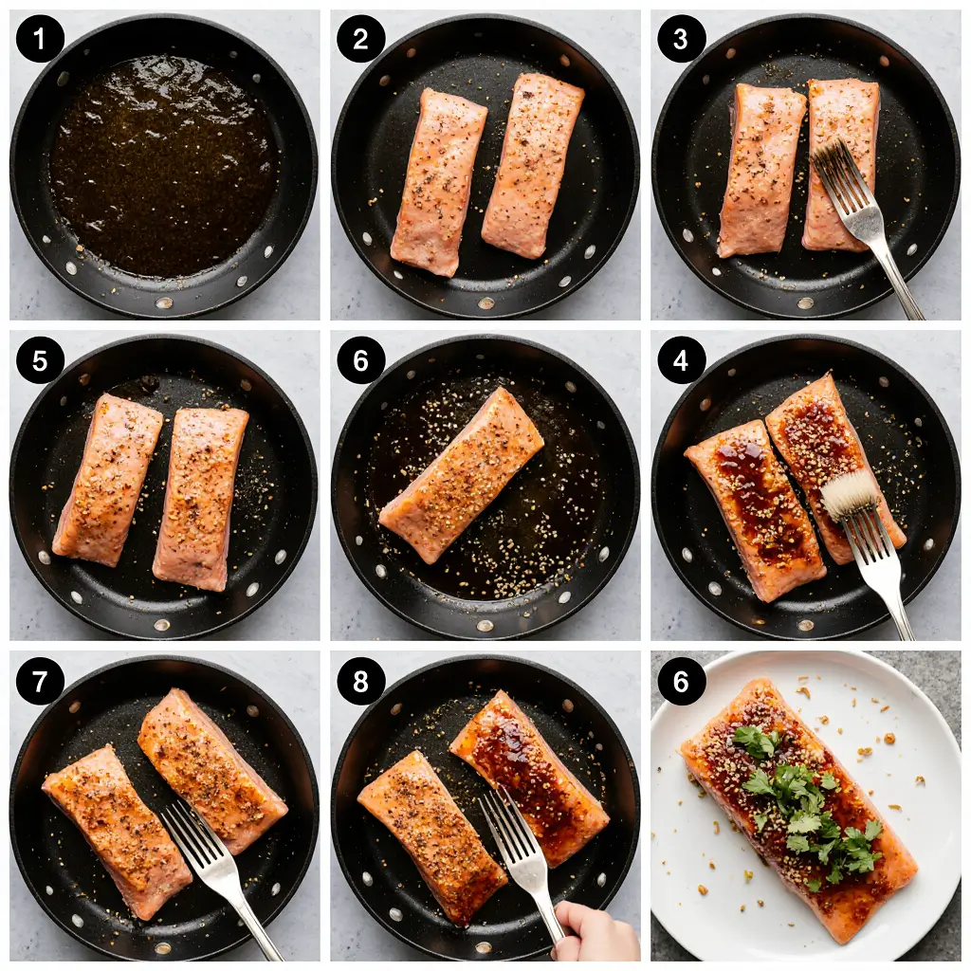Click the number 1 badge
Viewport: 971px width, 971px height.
point(40,40)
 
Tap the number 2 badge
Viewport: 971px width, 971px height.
point(360,40)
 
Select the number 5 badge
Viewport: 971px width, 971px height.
point(40,360)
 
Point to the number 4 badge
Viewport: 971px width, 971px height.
point(681,360)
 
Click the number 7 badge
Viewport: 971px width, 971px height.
point(40,681)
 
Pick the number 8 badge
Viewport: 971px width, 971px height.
point(360,681)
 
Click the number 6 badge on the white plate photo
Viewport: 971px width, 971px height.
point(681,681)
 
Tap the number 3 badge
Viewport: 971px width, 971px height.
point(681,40)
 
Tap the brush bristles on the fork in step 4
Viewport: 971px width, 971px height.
point(850,494)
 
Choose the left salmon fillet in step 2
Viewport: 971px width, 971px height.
point(438,180)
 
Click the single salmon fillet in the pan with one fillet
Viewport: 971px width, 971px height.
point(462,474)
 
